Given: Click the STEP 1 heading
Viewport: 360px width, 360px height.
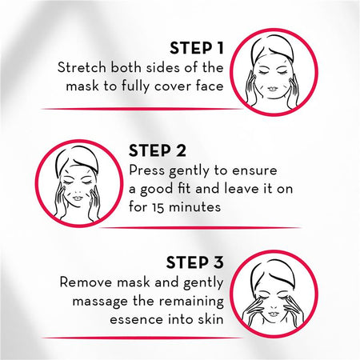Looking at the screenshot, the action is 197,48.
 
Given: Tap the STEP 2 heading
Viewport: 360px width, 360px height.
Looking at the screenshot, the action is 158,150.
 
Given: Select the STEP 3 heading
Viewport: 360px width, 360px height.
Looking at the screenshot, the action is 195,262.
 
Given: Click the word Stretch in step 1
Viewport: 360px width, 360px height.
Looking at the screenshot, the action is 82,67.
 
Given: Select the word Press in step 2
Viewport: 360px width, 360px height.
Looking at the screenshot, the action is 147,170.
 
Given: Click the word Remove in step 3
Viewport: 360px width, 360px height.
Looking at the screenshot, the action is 86,282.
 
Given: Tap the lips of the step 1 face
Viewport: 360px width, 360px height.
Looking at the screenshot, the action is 273,89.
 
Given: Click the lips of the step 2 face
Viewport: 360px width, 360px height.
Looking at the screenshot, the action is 78,198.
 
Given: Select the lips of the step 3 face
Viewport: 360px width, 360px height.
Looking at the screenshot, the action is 273,314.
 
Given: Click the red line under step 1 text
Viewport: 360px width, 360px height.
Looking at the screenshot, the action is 142,109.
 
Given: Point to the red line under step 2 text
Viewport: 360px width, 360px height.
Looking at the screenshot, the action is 201,228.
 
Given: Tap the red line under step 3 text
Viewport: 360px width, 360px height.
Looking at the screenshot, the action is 142,338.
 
